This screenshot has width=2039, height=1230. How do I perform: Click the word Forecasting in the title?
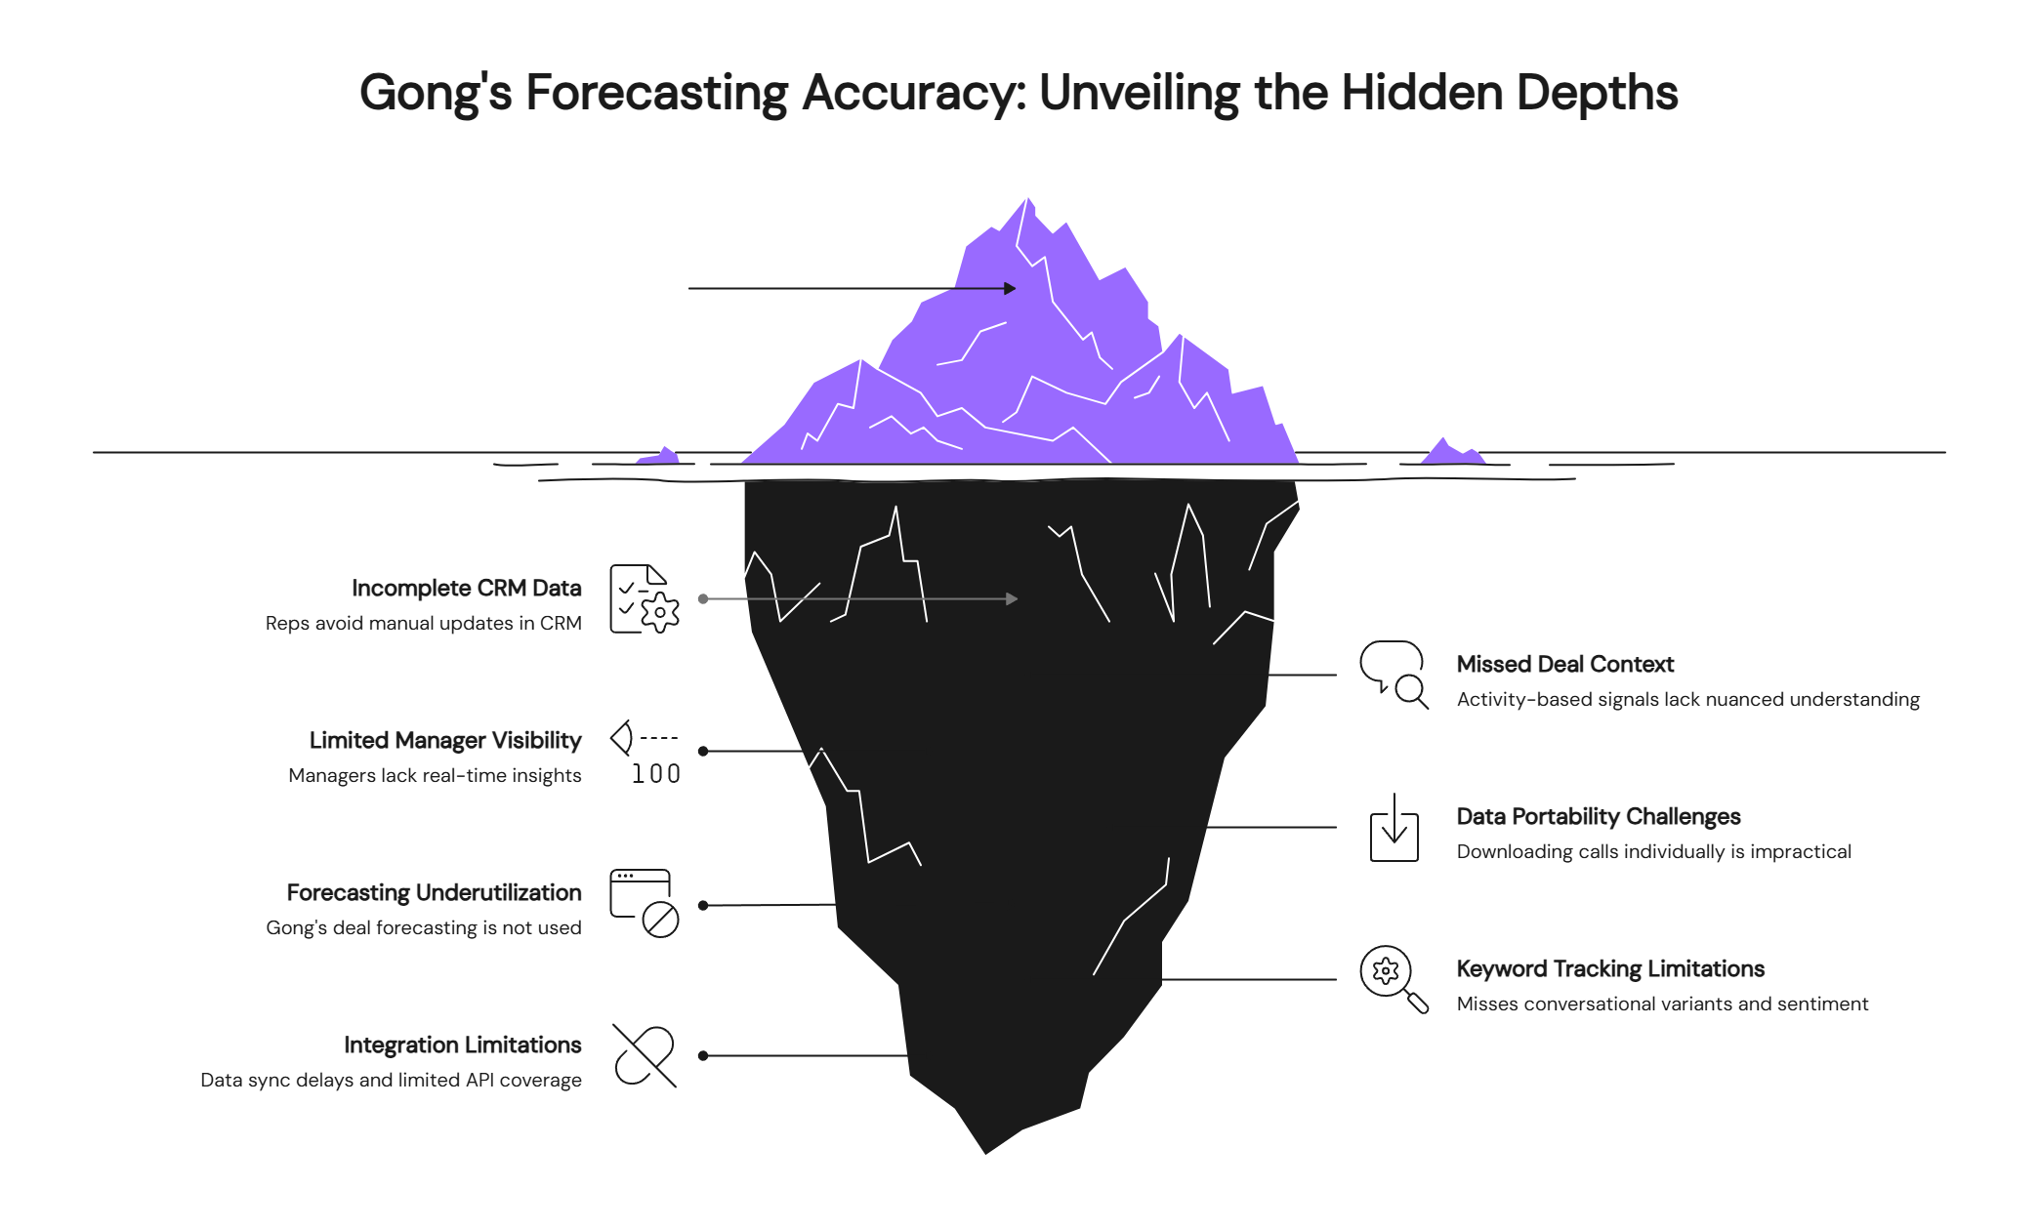point(656,94)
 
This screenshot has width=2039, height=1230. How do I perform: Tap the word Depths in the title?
point(1597,94)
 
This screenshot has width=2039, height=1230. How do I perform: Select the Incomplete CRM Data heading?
point(466,588)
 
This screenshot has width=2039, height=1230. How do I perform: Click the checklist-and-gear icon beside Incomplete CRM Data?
point(645,598)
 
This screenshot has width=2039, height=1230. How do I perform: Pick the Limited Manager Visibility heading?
point(445,740)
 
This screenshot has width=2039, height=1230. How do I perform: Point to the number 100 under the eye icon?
point(655,774)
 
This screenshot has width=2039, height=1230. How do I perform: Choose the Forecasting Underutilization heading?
point(434,892)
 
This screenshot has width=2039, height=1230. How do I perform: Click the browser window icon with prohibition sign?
point(645,903)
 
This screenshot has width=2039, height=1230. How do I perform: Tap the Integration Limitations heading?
point(462,1045)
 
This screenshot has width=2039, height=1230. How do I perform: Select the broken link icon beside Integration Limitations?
point(645,1055)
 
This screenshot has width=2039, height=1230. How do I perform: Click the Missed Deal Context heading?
point(1564,664)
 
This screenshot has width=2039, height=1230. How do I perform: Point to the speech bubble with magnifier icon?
point(1394,674)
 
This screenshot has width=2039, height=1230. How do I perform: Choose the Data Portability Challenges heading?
point(1598,816)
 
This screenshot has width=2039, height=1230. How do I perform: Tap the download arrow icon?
point(1394,828)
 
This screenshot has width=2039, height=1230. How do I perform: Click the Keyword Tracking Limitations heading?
point(1610,968)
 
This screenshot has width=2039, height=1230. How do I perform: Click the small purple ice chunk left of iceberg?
point(661,456)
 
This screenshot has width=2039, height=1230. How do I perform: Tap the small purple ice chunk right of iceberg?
point(1451,453)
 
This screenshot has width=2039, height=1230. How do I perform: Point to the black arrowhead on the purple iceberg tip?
point(1010,288)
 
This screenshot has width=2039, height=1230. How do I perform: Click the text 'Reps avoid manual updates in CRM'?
point(423,623)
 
